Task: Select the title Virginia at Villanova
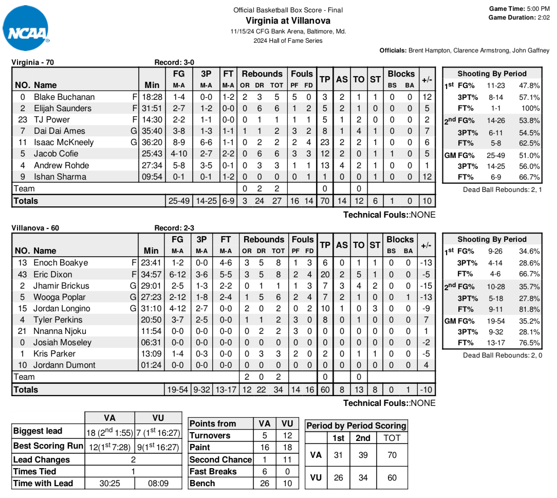tap(288, 21)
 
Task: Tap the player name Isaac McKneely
tap(64, 143)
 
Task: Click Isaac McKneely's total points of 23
tap(325, 143)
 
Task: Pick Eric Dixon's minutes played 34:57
tap(152, 274)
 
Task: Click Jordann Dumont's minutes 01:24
tap(152, 365)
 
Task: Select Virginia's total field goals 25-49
tap(179, 201)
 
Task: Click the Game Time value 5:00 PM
tap(537, 9)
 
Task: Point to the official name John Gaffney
tap(529, 50)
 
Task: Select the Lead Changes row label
tap(42, 459)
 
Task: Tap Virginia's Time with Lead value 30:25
tap(109, 483)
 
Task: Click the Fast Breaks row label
tap(213, 471)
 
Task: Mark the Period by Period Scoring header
tap(356, 425)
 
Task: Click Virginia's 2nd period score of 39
tap(363, 455)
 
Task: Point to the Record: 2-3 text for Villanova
tap(174, 228)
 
